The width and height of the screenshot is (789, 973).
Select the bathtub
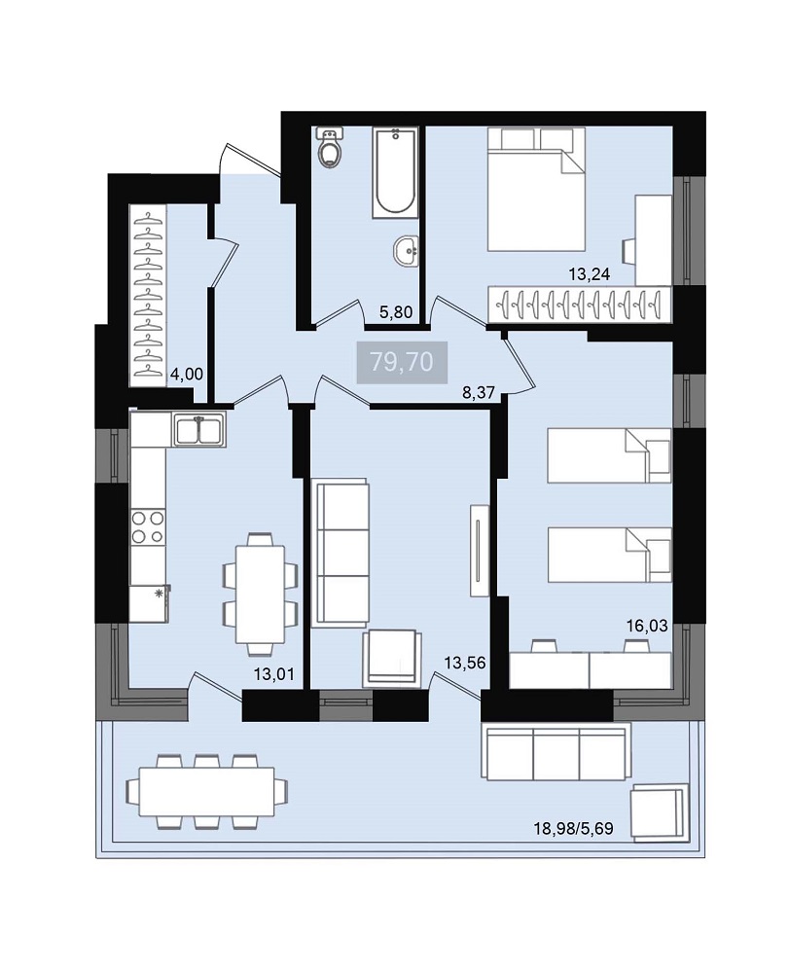pos(395,172)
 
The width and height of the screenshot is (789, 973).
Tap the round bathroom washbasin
pos(406,252)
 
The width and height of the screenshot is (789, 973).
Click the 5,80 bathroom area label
pos(396,312)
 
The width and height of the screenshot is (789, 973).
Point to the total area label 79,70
pos(402,361)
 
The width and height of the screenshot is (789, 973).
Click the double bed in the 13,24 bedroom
pos(537,190)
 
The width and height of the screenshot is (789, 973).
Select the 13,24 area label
pos(590,274)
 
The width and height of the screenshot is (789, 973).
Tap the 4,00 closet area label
pos(187,374)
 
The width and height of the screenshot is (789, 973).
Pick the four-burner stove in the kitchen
pos(148,526)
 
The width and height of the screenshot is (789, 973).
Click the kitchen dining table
pos(261,595)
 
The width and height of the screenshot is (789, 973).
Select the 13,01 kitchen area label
pos(273,674)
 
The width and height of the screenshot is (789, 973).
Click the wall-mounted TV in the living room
pos(480,551)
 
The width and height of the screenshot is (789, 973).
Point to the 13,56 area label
pos(465,663)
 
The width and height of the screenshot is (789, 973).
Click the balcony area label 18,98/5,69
pos(574,828)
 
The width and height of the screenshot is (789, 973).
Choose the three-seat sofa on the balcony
pos(556,751)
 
